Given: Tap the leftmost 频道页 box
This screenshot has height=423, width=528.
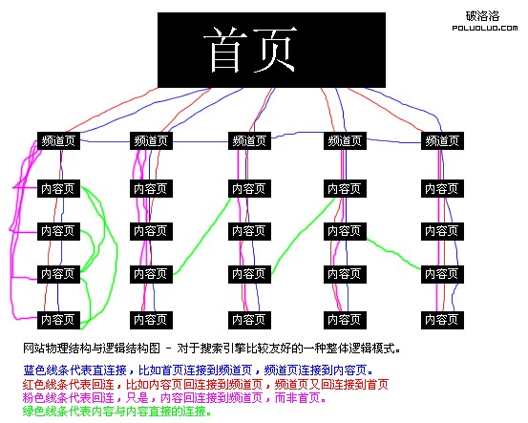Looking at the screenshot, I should (x=59, y=140).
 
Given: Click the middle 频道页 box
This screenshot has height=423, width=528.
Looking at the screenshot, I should (x=251, y=140).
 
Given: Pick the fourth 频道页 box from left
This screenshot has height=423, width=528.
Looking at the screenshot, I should (x=346, y=140).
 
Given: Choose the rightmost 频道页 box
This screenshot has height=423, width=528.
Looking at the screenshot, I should (x=442, y=140).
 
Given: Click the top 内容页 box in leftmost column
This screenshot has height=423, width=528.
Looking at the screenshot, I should (x=58, y=188).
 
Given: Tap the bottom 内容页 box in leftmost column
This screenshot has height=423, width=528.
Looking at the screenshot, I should (x=58, y=318).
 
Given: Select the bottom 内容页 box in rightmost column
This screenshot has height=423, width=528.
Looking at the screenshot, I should (x=442, y=318).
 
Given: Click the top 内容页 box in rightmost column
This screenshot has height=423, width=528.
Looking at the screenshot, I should (x=442, y=188).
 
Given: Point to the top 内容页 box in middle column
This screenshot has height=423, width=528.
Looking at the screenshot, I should (x=251, y=188).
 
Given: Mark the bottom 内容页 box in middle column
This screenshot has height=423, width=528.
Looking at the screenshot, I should (x=251, y=318).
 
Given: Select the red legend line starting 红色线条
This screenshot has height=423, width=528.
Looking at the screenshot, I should (x=204, y=384).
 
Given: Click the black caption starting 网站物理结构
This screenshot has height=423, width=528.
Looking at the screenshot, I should (x=210, y=349).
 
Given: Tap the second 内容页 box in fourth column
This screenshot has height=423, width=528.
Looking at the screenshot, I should (x=346, y=230).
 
